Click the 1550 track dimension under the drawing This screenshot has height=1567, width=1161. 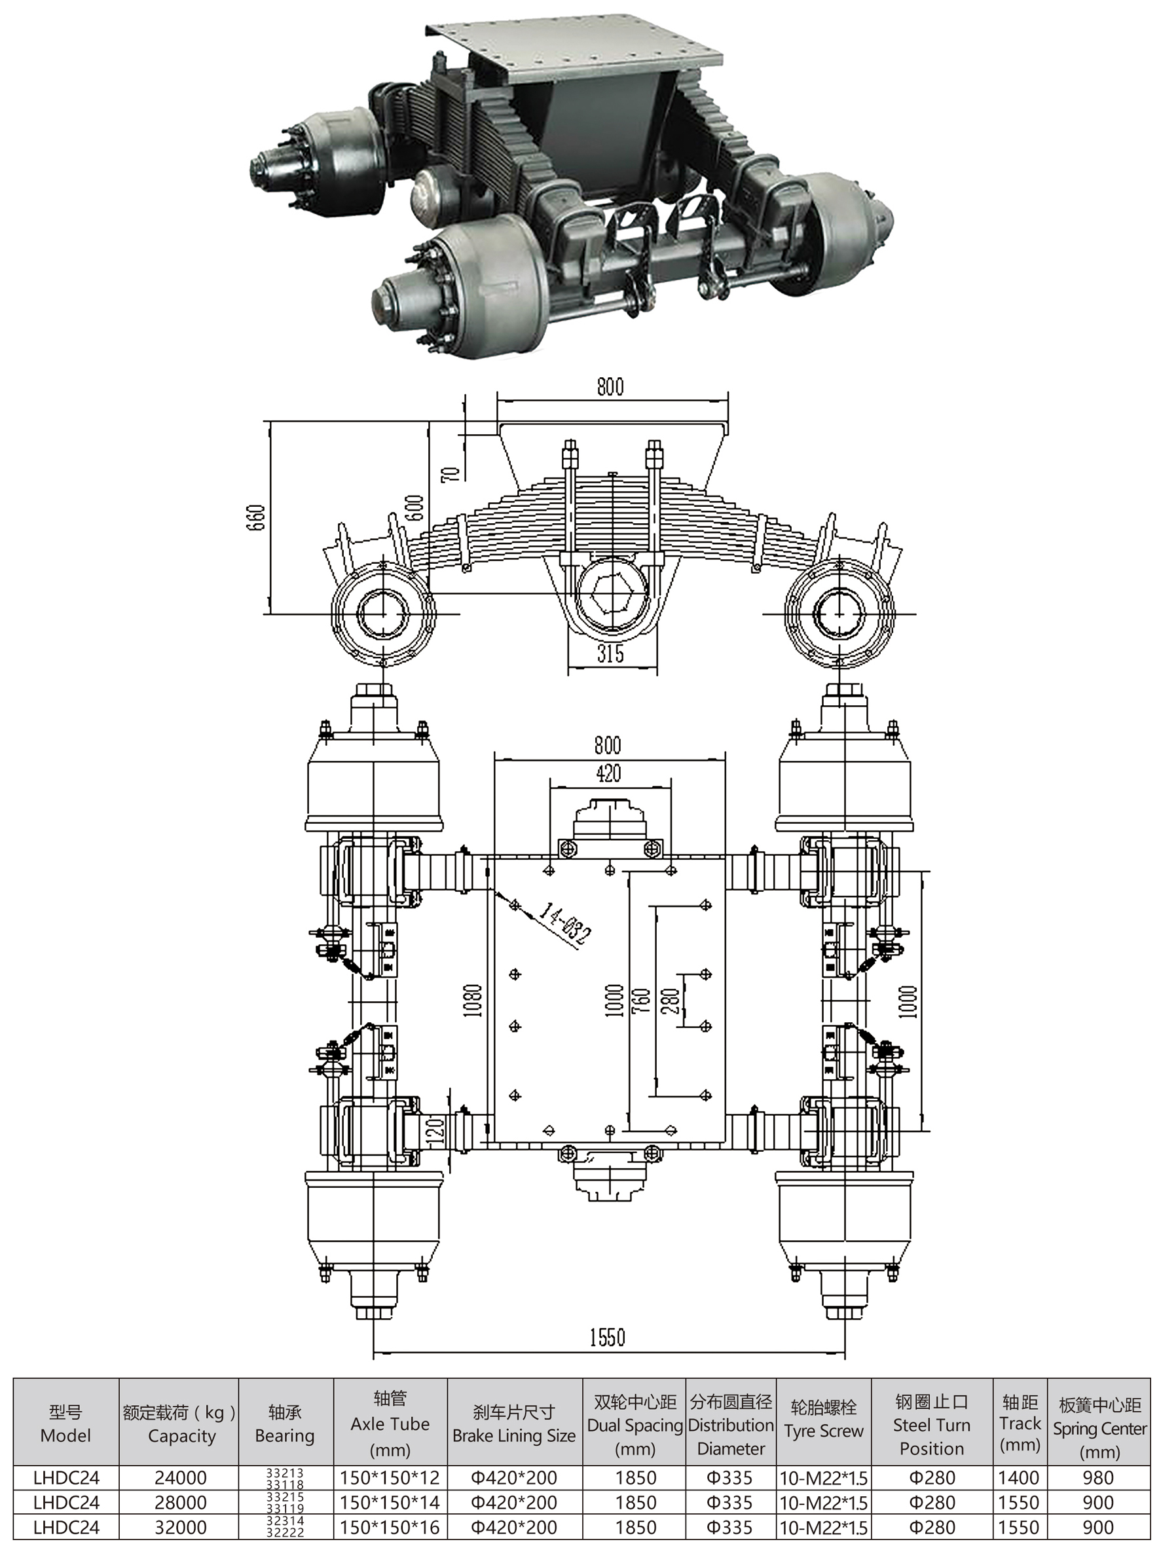click(x=606, y=1337)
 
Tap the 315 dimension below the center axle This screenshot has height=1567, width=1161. click(x=610, y=654)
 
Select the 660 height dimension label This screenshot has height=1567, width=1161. click(x=257, y=517)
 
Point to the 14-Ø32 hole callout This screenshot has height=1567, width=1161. click(x=565, y=924)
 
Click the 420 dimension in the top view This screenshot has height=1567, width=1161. click(x=608, y=773)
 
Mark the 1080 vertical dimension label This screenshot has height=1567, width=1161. click(x=473, y=1000)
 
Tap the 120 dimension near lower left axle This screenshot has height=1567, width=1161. click(x=435, y=1130)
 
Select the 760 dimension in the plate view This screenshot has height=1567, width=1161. click(x=641, y=1001)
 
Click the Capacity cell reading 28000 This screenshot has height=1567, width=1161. click(x=180, y=1502)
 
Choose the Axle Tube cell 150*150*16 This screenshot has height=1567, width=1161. click(x=390, y=1527)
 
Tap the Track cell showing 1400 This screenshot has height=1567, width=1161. click(x=1018, y=1478)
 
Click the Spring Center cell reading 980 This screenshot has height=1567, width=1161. click(x=1097, y=1478)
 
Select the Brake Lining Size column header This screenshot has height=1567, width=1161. click(x=514, y=1424)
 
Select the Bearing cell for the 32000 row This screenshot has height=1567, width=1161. click(x=285, y=1527)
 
